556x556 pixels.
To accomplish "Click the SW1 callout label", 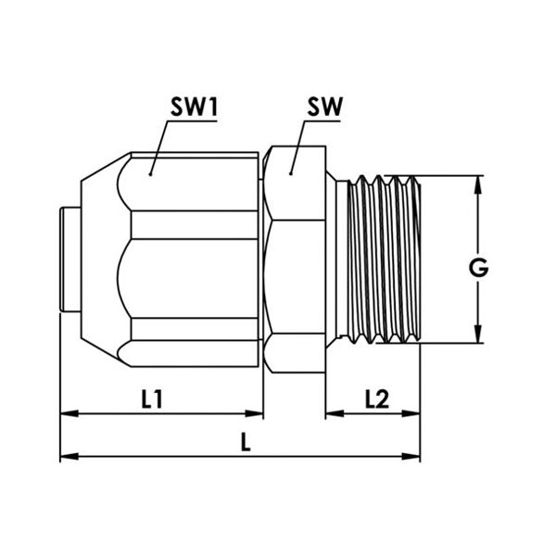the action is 194,107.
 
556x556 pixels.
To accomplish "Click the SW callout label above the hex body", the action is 325,107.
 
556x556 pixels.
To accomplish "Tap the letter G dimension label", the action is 478,268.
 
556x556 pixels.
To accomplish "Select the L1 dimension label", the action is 152,398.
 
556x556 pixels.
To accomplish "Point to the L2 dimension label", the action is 377,398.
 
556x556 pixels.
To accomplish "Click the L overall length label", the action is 246,441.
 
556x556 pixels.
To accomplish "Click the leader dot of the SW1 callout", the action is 150,174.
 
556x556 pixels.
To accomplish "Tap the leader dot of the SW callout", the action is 290,173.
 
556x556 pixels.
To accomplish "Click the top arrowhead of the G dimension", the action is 478,184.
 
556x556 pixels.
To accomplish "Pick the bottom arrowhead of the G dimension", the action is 478,334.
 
